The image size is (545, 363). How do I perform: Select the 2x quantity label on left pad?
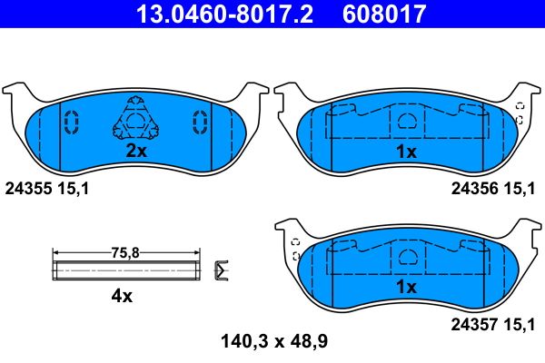(135, 152)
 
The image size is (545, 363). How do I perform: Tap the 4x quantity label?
(121, 296)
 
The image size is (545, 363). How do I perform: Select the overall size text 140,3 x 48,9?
(274, 342)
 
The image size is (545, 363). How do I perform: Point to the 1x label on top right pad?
(407, 152)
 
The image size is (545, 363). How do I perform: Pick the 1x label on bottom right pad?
(407, 287)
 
